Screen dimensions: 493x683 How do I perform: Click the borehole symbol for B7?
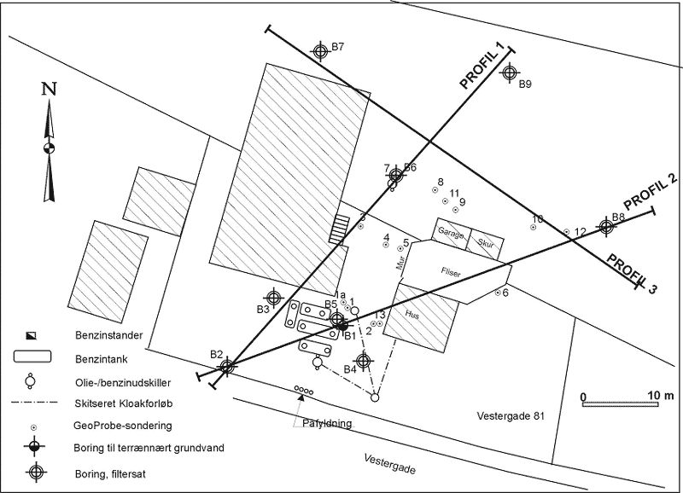tap(320, 51)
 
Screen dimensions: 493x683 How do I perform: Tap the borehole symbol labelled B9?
tap(510, 73)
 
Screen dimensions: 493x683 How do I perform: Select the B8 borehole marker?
tap(606, 226)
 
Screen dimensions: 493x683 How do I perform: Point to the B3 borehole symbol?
tap(273, 298)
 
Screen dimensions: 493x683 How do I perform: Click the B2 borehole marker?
tap(227, 366)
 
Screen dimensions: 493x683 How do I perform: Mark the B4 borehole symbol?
tap(363, 361)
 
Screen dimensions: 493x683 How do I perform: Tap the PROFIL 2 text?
tap(650, 192)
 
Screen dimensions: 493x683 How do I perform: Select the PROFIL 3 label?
tap(633, 271)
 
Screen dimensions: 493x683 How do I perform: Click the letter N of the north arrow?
tap(50, 88)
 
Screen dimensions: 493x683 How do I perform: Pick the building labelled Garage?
tap(450, 233)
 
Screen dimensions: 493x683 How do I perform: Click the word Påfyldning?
tap(328, 422)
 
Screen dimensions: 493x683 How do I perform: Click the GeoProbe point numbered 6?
tap(498, 293)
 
